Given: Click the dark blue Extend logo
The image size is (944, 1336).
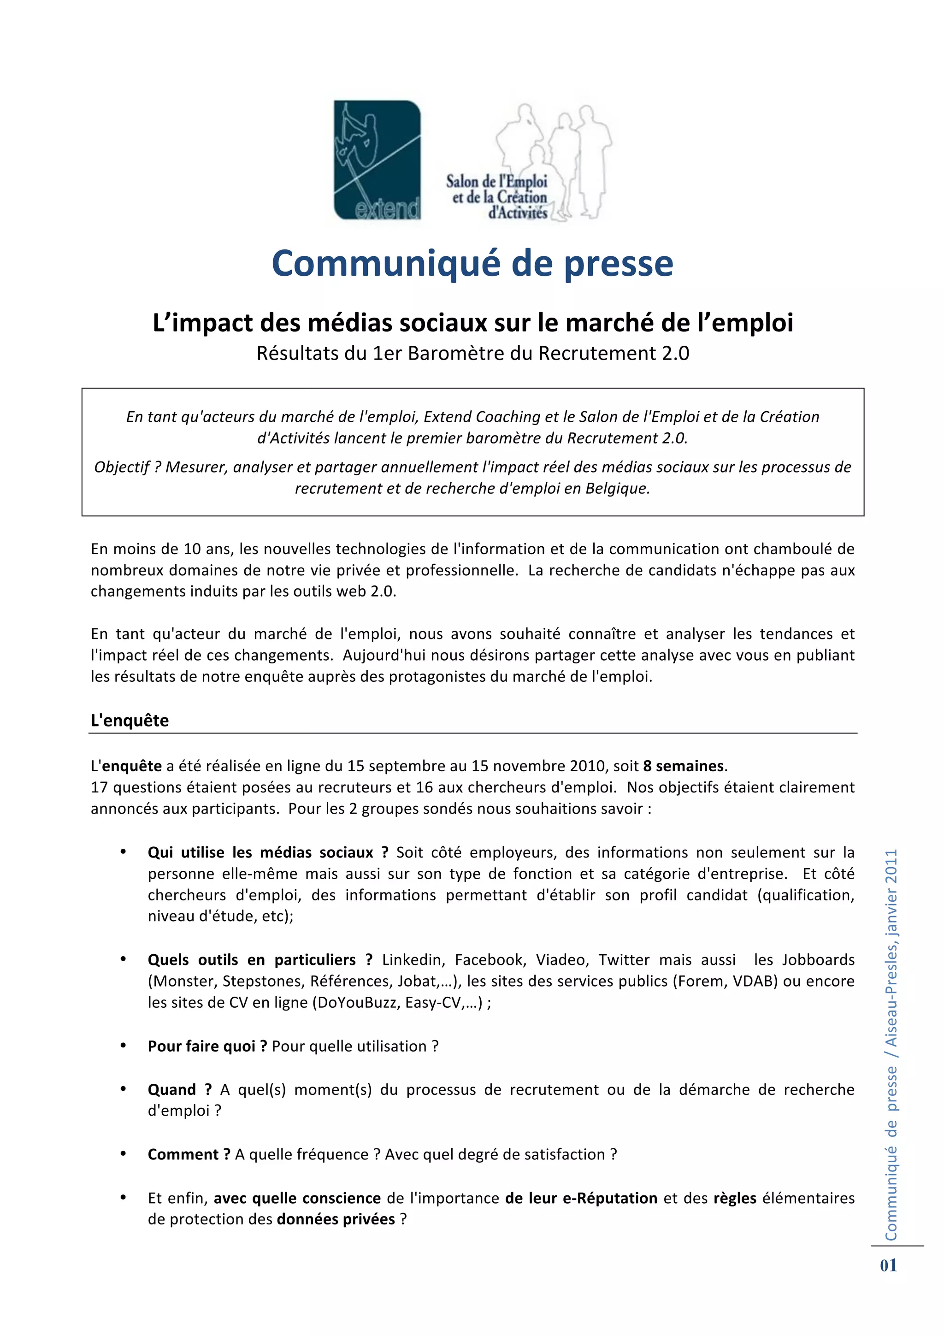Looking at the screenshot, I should [x=377, y=160].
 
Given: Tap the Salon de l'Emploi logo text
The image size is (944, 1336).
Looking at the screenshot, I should [x=497, y=197].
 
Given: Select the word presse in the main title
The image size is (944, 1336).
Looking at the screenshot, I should [x=618, y=264].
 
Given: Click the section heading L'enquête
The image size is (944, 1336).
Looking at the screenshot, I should [x=130, y=721].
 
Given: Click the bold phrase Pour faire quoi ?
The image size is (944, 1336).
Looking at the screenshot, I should [x=207, y=1046].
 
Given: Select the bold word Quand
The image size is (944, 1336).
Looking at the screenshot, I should [x=171, y=1089].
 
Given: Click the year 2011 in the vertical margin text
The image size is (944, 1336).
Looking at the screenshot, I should [x=891, y=868].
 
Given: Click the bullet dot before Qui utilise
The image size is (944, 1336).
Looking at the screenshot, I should [x=124, y=852].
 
